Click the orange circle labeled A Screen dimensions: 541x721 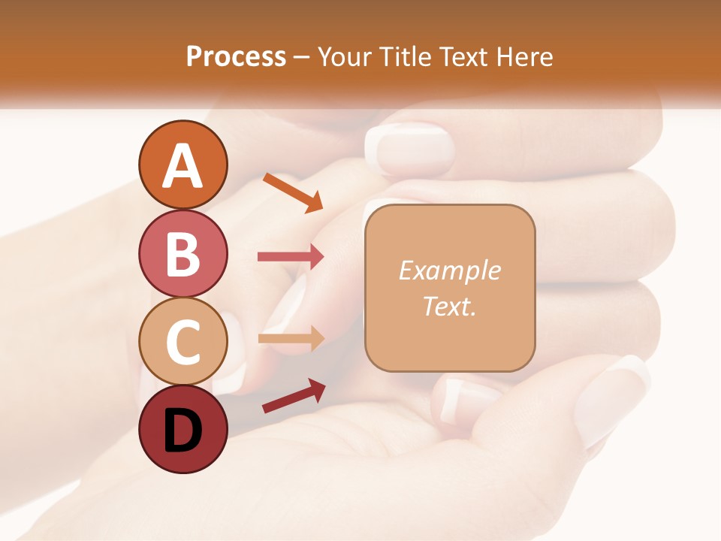[183, 165]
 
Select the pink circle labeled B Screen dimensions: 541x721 [183, 253]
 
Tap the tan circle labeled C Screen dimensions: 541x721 [183, 342]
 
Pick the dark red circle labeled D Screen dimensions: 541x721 [183, 430]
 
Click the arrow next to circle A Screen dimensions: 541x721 [293, 192]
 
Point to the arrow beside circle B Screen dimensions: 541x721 [291, 256]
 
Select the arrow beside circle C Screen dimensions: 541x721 [291, 338]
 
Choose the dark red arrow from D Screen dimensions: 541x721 [294, 396]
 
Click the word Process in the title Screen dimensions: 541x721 [236, 56]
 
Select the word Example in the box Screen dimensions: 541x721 [449, 270]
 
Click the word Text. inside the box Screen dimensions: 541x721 [449, 306]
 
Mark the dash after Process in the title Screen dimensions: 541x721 [302, 57]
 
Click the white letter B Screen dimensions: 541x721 [183, 254]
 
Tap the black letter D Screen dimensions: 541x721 [183, 431]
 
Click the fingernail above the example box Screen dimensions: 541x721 [410, 150]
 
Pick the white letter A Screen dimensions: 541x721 [183, 166]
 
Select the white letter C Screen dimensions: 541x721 [183, 343]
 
